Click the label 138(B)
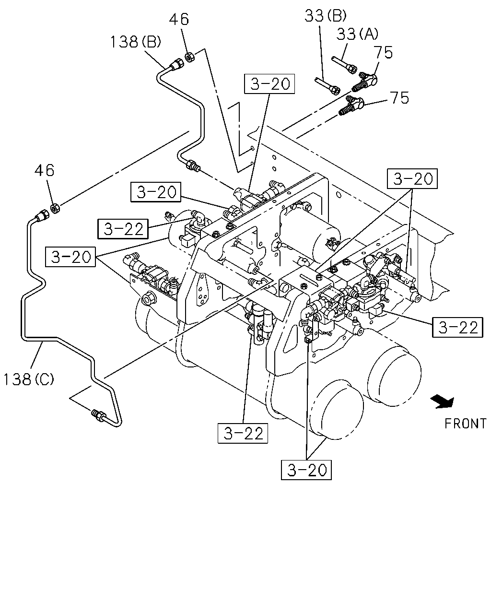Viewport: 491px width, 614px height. point(136,42)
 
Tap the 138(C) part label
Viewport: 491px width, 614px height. point(29,379)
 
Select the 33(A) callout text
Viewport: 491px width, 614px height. point(357,34)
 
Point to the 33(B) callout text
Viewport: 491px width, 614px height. point(326,16)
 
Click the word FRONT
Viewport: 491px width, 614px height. point(465,424)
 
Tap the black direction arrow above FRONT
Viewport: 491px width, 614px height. point(443,401)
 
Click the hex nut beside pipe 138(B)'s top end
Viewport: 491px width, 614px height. point(189,57)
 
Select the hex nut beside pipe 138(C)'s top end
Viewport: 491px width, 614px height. point(55,208)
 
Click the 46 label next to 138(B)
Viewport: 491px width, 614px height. point(179,20)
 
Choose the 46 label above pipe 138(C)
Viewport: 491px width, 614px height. point(44,171)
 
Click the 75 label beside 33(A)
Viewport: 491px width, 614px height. point(383,52)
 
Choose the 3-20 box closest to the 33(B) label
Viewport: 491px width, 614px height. point(269,84)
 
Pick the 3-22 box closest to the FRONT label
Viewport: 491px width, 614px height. point(457,327)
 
